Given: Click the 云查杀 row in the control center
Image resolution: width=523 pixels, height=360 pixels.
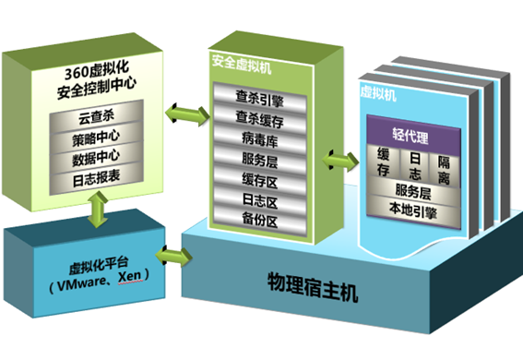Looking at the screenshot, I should pyautogui.click(x=92, y=119).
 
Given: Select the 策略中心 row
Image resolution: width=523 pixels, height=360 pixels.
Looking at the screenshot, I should pyautogui.click(x=92, y=138).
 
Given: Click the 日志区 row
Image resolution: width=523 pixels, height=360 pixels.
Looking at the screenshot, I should pyautogui.click(x=261, y=199).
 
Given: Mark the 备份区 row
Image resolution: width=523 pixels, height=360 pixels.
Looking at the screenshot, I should pyautogui.click(x=261, y=221).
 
